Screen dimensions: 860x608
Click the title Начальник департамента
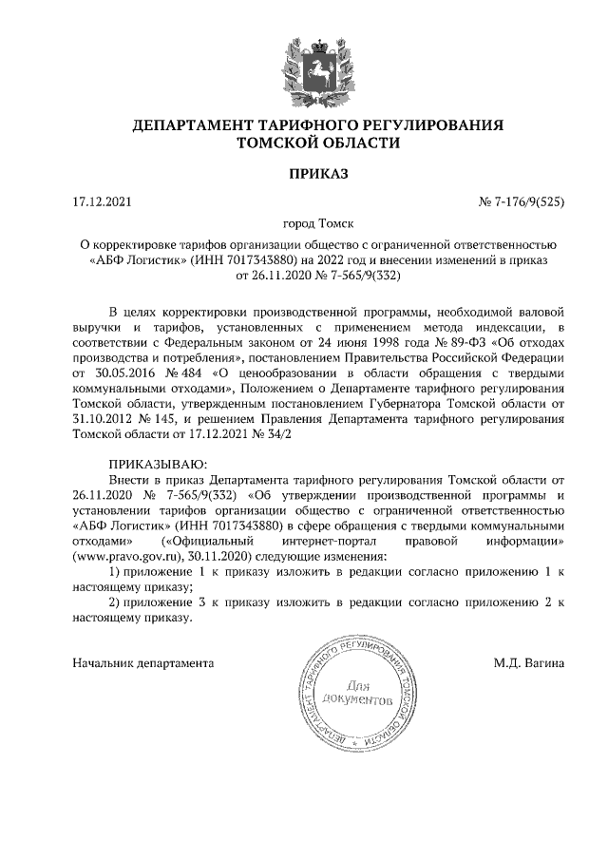coord(142,662)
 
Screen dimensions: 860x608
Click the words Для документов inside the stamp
coord(356,692)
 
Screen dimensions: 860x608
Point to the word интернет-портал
coord(326,540)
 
